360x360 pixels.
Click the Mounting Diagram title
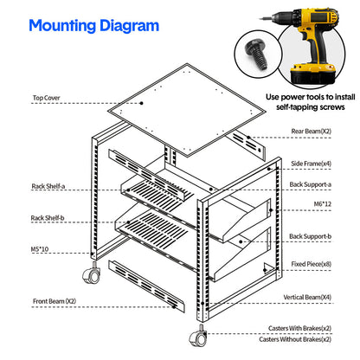[x=93, y=24]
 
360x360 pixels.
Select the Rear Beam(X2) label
[x=311, y=131]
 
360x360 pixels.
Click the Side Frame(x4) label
[x=311, y=162]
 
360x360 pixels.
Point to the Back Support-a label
[x=309, y=183]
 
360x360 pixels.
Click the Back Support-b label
[x=309, y=235]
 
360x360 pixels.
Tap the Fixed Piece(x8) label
[x=311, y=263]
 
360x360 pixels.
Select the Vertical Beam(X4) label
[x=307, y=297]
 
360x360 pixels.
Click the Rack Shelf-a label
[x=49, y=185]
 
